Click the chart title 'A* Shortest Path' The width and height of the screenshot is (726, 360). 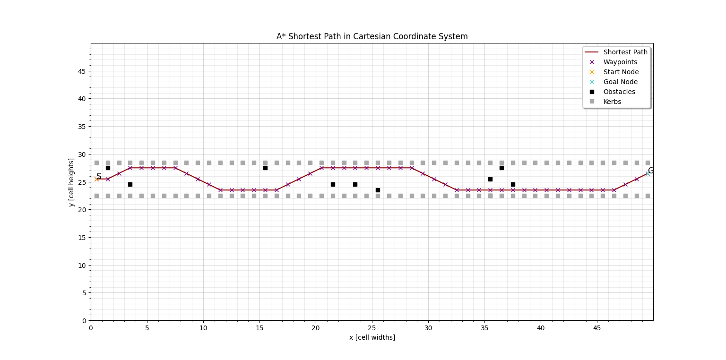(372, 36)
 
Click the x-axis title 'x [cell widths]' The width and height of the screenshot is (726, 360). (372, 337)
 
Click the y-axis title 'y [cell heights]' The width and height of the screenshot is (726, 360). (71, 182)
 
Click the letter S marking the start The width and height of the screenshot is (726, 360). (99, 176)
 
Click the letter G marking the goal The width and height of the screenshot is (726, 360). (651, 171)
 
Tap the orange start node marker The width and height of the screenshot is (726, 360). (96, 179)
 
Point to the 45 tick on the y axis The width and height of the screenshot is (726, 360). (82, 71)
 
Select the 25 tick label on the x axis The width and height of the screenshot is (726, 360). (372, 328)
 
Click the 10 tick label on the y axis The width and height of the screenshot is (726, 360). (82, 265)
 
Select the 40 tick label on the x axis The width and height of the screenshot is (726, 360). (541, 328)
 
